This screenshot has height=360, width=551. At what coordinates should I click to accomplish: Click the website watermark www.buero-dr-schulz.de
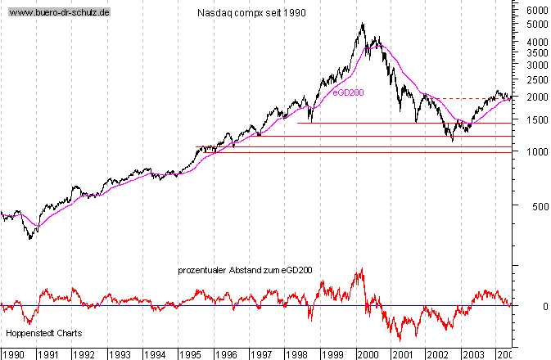coord(58,14)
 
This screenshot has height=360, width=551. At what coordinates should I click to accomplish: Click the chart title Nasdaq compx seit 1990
coord(252,14)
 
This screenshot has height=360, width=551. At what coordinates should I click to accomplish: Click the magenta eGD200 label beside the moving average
coord(348,93)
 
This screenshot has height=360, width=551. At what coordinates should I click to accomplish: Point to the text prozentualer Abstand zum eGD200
coord(245,270)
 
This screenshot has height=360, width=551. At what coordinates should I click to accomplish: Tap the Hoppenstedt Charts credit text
coord(43,334)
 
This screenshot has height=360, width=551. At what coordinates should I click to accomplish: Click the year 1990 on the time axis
coord(14,354)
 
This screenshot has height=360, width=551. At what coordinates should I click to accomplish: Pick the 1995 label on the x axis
coord(191,354)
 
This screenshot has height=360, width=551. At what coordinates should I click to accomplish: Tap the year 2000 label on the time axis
coord(367,354)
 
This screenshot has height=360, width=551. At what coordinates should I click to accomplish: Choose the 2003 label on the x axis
coord(472,354)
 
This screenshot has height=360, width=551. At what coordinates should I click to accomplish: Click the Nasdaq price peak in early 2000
coord(363,25)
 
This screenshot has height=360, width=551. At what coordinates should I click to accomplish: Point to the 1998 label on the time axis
coord(296,354)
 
